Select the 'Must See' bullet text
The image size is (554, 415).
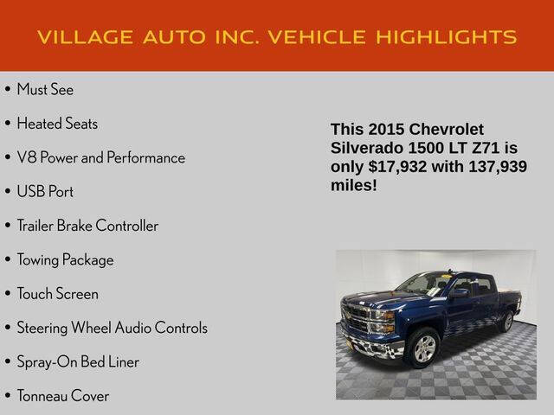click(45, 89)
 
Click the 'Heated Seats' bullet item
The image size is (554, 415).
click(57, 124)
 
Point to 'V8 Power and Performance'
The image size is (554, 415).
click(100, 157)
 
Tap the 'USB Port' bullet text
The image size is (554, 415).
click(45, 192)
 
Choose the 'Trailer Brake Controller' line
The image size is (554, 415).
click(87, 226)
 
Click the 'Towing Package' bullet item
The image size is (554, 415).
click(65, 259)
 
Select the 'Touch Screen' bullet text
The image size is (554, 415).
click(57, 294)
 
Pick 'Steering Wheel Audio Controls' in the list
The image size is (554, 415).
click(112, 328)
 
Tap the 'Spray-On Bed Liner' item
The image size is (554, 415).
click(78, 361)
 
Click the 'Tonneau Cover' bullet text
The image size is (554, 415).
click(63, 396)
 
